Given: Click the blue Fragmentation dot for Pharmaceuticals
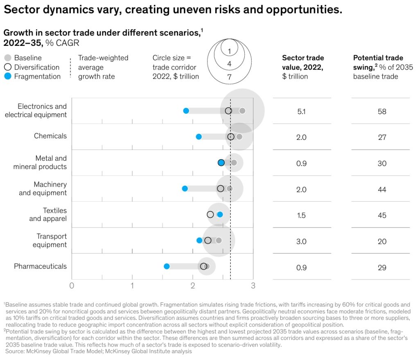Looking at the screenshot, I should [167, 266].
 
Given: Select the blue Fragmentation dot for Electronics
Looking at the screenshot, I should [186, 111].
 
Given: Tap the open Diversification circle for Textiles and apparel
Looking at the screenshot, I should [210, 214].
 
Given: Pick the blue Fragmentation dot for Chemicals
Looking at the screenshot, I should [199, 137].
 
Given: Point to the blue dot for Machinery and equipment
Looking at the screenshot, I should [185, 189].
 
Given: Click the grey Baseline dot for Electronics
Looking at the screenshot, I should [242, 111].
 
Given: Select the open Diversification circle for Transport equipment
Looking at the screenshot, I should [208, 241].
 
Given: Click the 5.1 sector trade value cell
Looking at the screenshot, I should [302, 111].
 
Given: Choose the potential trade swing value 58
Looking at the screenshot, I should [382, 111].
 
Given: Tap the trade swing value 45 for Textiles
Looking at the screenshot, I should [382, 215].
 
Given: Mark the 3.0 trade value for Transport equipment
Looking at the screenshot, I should [302, 241].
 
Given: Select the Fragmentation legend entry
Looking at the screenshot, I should [37, 76].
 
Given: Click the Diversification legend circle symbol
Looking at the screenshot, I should [7, 67].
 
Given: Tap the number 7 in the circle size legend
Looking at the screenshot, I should [230, 76].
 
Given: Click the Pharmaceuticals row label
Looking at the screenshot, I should [40, 266].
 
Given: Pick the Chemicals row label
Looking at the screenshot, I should [50, 136].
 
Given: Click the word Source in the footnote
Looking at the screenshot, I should [13, 351].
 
